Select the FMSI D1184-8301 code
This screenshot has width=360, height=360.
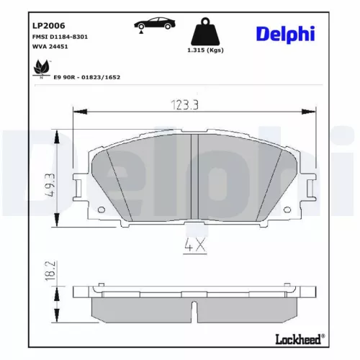tap(59, 36)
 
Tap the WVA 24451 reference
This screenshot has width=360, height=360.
tap(48, 46)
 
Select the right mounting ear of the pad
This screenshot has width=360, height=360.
tap(310, 189)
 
